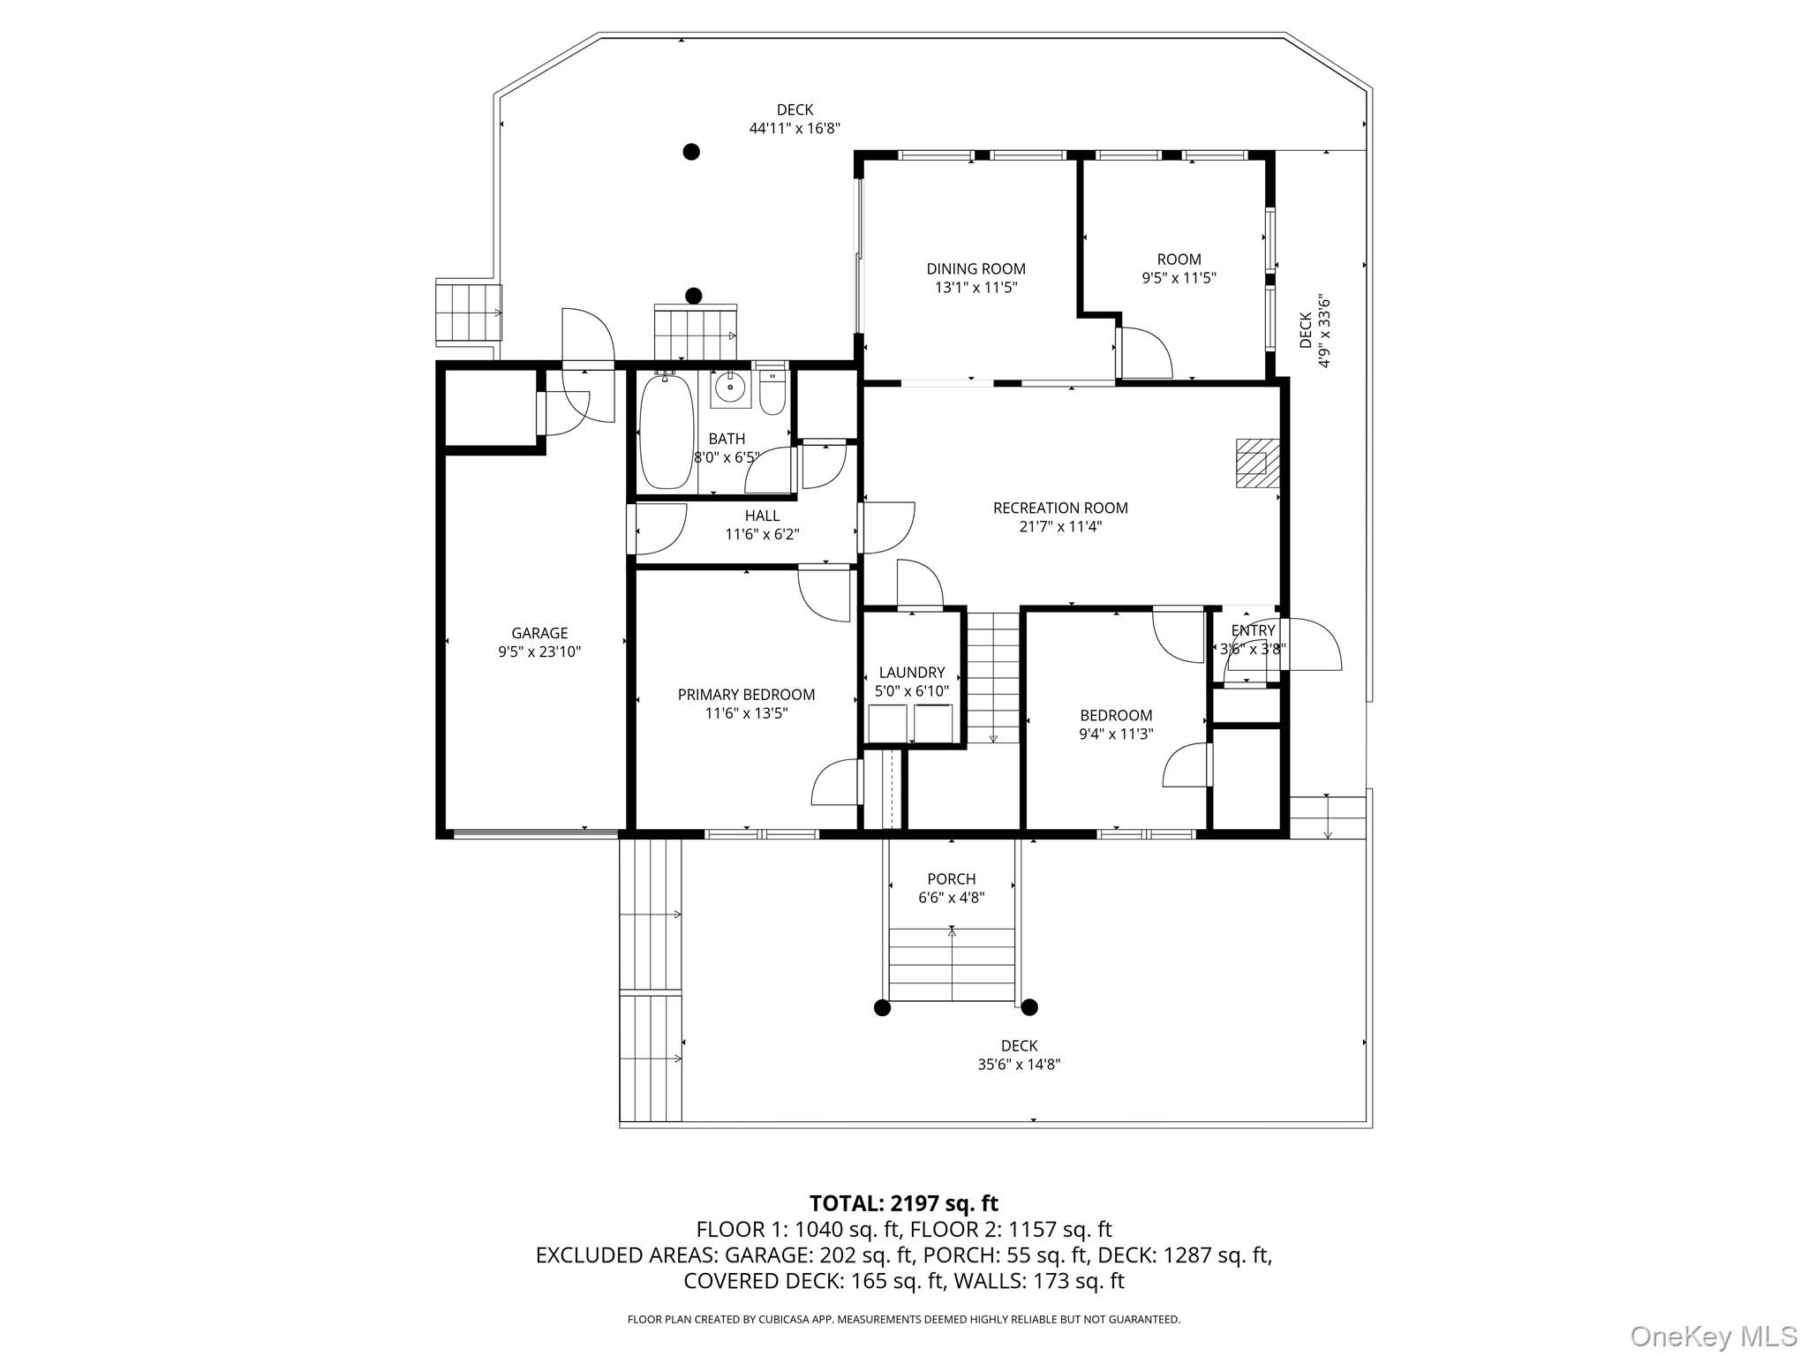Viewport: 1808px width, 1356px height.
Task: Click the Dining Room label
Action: [976, 269]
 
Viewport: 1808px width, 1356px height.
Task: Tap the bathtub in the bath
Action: [666, 432]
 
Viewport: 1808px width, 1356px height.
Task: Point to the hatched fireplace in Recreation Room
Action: [1254, 463]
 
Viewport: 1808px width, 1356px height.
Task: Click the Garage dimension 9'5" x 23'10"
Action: [539, 652]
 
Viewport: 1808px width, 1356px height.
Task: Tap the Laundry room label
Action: [912, 673]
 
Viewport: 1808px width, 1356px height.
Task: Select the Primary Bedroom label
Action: [746, 695]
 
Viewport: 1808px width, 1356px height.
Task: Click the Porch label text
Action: [951, 879]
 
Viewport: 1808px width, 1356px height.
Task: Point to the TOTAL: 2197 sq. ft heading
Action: [903, 1203]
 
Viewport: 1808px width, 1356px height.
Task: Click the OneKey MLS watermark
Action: [1713, 1336]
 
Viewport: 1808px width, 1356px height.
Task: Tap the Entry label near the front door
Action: [1253, 630]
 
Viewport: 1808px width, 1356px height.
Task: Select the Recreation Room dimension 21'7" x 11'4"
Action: [1060, 527]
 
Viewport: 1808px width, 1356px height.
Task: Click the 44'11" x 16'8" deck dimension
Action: [795, 129]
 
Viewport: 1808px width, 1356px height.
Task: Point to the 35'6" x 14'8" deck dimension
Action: [1019, 1065]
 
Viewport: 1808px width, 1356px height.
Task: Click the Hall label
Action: [762, 516]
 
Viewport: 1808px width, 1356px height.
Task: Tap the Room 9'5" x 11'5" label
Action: [1179, 260]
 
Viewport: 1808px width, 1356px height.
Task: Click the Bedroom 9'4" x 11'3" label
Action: [1116, 715]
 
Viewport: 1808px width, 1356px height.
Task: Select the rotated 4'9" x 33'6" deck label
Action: [1314, 331]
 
